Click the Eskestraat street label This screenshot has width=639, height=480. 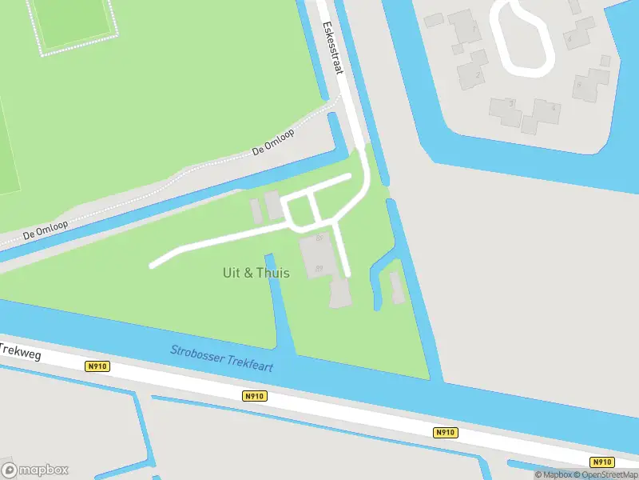(332, 48)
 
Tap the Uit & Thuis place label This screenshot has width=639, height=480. (256, 273)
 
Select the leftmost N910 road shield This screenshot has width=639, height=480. (97, 366)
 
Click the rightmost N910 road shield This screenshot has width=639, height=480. (602, 462)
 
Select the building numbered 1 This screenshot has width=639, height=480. (465, 30)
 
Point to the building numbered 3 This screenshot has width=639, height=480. (506, 110)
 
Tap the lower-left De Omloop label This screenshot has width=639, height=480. (46, 230)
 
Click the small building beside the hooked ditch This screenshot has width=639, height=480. (396, 287)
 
